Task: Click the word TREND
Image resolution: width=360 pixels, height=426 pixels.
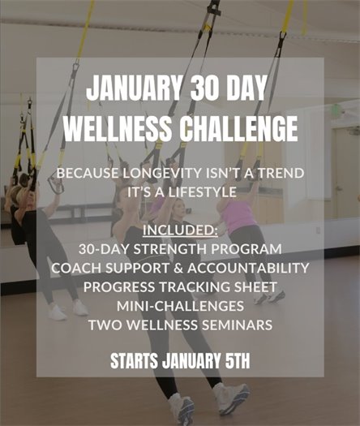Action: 279,174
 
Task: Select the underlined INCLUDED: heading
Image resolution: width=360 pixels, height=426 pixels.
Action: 179,232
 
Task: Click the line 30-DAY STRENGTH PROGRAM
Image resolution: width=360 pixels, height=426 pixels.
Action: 180,249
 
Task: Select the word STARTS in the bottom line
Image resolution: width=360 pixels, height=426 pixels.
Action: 135,361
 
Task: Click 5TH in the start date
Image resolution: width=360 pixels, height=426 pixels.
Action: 235,361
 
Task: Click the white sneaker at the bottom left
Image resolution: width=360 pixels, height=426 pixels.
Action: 180,406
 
